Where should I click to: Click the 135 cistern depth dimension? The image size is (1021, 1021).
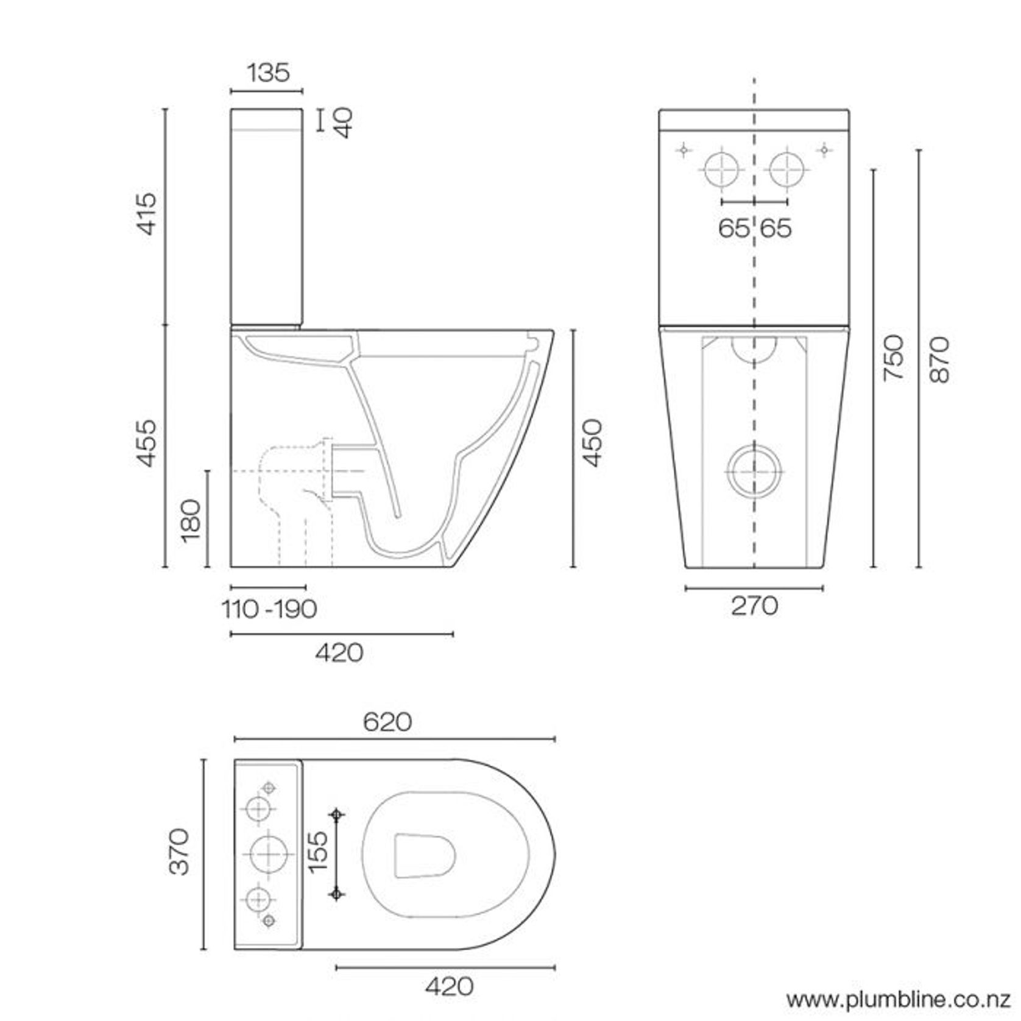(267, 72)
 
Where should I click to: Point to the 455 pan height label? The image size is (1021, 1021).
(147, 443)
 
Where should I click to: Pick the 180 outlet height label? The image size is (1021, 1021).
(191, 520)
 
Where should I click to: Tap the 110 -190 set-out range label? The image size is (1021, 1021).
(269, 609)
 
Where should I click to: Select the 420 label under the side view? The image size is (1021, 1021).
(339, 653)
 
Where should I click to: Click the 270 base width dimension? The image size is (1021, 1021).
(754, 606)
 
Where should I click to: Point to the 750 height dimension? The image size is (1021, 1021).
(894, 358)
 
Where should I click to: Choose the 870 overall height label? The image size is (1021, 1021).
(939, 359)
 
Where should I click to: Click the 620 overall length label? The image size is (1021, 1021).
(387, 722)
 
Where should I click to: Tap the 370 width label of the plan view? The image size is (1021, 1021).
(180, 851)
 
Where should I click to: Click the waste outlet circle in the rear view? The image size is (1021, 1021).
(754, 472)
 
